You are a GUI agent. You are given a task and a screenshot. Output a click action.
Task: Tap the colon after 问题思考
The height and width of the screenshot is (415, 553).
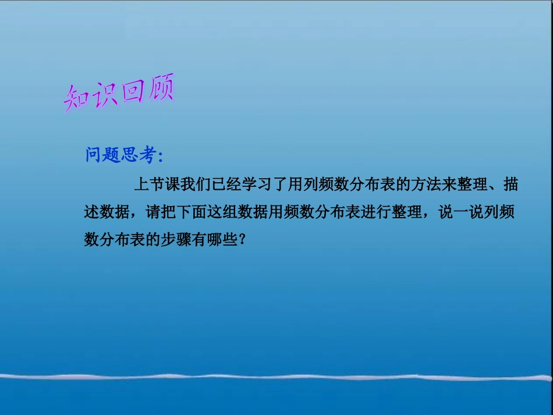pyautogui.click(x=161, y=156)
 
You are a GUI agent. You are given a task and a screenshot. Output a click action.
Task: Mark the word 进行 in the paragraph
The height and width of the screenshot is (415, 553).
pyautogui.click(x=378, y=213)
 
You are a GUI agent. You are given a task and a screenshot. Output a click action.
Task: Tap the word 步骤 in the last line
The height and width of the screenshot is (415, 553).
pyautogui.click(x=171, y=240)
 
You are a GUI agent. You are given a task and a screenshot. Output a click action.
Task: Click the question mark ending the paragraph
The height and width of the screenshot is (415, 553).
pyautogui.click(x=243, y=240)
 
